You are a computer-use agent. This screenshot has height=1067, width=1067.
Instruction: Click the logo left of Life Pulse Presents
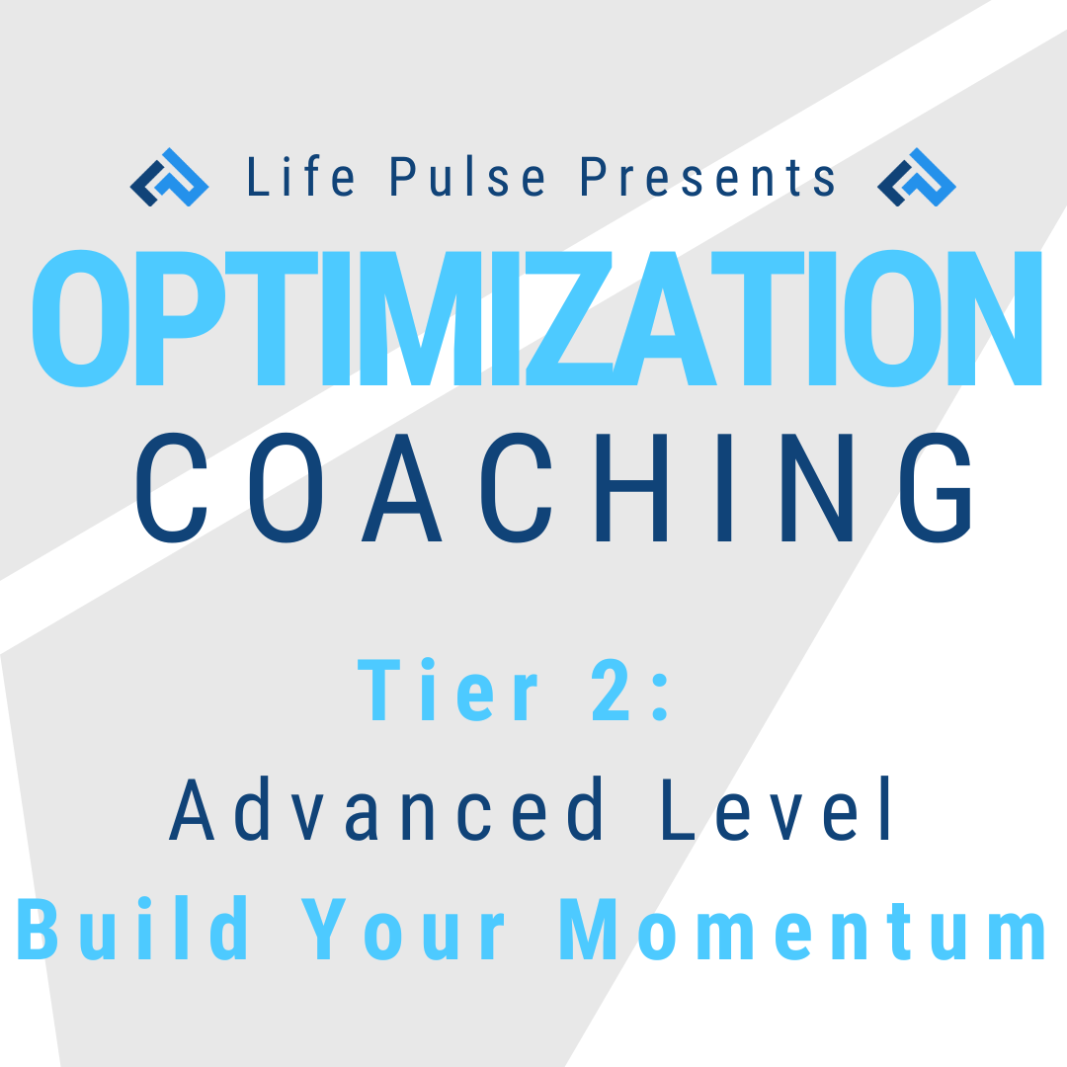click(x=170, y=177)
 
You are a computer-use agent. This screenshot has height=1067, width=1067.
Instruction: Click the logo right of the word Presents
click(x=917, y=177)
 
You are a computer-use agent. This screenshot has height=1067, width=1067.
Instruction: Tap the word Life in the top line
click(x=300, y=176)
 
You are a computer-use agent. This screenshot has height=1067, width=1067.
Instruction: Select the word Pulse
click(x=467, y=176)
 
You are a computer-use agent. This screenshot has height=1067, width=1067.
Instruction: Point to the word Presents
click(x=707, y=176)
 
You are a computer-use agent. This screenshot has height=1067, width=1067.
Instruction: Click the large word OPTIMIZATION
click(x=536, y=318)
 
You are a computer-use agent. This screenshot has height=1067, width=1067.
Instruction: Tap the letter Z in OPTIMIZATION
click(x=569, y=318)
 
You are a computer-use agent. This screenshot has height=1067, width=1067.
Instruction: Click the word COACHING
click(x=553, y=487)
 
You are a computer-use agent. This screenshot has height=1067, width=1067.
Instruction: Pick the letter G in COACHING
click(x=936, y=487)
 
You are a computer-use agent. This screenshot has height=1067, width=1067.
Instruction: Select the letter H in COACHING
click(x=631, y=487)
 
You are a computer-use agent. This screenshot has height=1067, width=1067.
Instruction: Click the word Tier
click(x=448, y=689)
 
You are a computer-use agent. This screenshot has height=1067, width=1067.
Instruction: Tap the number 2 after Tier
click(x=611, y=689)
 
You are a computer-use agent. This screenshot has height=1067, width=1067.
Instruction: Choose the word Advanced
click(x=385, y=808)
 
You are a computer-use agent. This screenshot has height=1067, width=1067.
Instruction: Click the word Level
click(x=776, y=808)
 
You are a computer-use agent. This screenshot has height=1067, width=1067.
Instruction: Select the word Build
click(x=132, y=928)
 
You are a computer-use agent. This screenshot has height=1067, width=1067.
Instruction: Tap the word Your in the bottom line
click(x=403, y=929)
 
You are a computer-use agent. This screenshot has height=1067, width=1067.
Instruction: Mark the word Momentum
click(x=803, y=929)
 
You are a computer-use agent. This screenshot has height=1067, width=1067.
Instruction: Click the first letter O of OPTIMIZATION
click(x=81, y=318)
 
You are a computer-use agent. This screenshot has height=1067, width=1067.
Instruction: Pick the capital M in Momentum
click(x=588, y=929)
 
